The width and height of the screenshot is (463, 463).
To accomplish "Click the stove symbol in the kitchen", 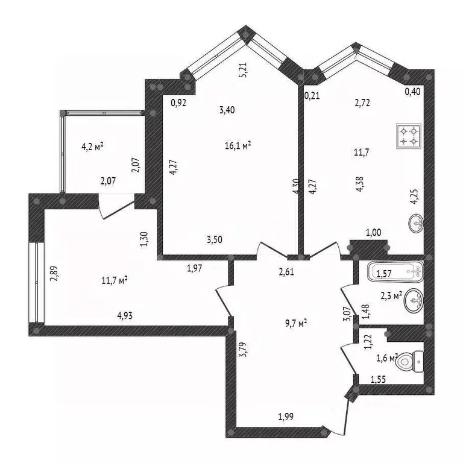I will click(408, 136).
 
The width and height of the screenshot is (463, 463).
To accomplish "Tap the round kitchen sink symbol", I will click(415, 225).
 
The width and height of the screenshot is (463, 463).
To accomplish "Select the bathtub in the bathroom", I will click(395, 272).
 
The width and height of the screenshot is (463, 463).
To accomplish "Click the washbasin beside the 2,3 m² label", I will click(413, 298).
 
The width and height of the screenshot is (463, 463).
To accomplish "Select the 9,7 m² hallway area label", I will click(295, 323).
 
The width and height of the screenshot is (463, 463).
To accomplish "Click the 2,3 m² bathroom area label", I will click(391, 295).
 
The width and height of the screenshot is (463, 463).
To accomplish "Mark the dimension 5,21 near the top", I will click(243, 71).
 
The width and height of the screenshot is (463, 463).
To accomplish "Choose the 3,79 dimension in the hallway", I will click(242, 350).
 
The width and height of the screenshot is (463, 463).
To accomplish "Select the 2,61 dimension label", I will click(287, 272).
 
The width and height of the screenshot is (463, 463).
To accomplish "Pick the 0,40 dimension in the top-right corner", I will click(412, 91).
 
